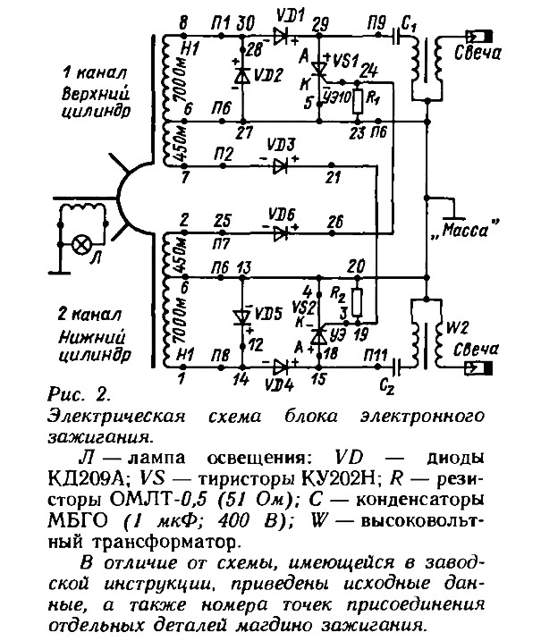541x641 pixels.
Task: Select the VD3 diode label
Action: pos(284,144)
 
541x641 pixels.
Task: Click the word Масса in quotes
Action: pos(466,231)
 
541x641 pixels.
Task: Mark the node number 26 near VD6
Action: pos(334,222)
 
